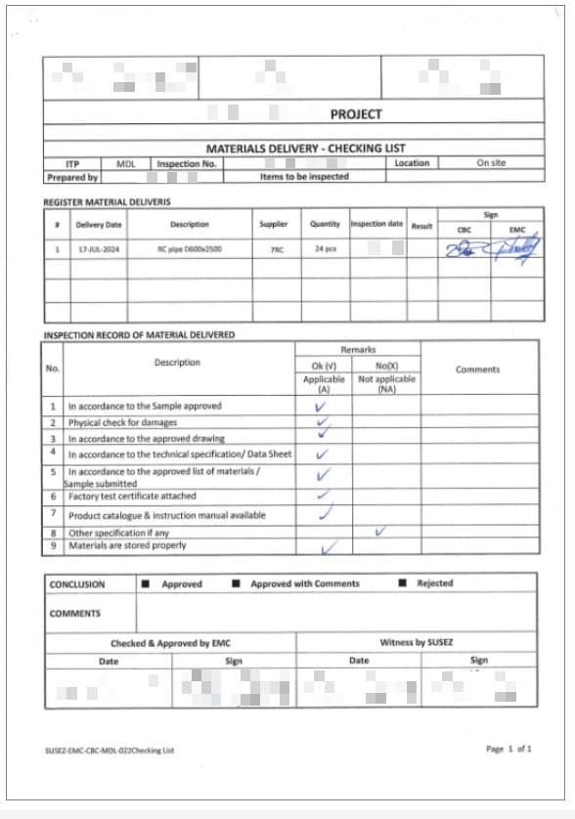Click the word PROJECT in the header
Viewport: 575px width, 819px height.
(356, 114)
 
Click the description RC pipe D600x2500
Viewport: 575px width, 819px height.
(190, 249)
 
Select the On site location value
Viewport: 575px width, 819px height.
(491, 163)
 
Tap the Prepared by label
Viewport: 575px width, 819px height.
(72, 178)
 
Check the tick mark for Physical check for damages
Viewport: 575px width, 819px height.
(322, 422)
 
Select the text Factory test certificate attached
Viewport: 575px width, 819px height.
(132, 496)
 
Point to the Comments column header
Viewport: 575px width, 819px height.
(477, 369)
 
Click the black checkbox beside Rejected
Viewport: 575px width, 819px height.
(403, 583)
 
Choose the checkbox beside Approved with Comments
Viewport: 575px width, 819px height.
(236, 584)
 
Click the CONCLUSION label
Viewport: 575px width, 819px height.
(77, 584)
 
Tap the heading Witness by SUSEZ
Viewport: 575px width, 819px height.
(417, 642)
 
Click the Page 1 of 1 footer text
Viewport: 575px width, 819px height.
(509, 749)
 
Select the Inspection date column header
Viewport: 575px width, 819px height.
(376, 224)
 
